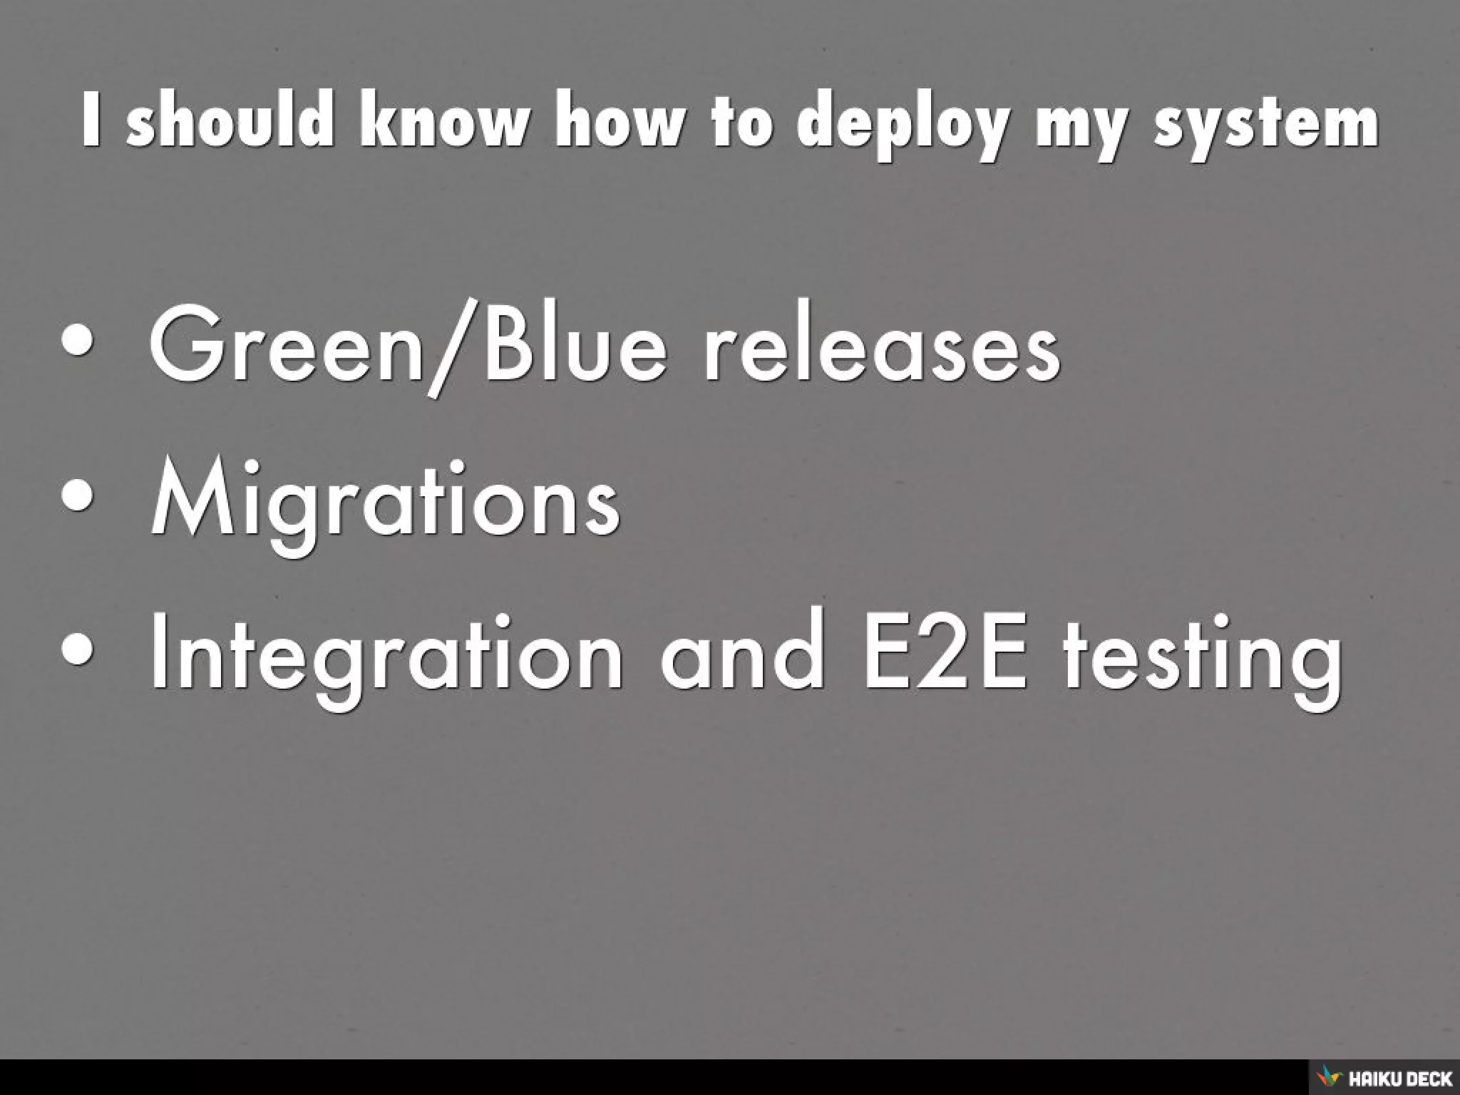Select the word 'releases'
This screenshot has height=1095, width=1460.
pyautogui.click(x=881, y=349)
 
